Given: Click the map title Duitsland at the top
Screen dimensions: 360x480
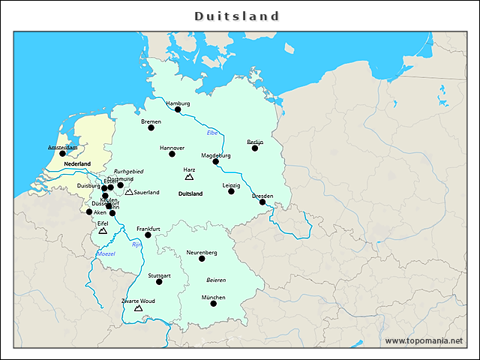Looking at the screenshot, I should [x=237, y=16].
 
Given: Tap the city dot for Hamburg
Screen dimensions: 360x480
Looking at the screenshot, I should [x=178, y=109].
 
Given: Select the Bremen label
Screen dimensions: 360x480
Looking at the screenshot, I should [x=151, y=121].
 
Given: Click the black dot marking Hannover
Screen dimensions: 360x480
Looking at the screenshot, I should [x=172, y=154].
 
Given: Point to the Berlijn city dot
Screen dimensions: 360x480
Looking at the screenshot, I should [x=255, y=148].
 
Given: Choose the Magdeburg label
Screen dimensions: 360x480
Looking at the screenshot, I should [x=216, y=155].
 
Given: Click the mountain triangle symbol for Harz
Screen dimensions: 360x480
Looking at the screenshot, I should [x=189, y=178].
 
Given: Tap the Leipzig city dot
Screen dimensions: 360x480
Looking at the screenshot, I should [x=231, y=191].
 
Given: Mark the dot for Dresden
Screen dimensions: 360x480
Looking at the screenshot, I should [x=262, y=202].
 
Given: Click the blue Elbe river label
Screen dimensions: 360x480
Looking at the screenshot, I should [x=212, y=133].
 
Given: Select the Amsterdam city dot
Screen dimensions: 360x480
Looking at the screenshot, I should [x=62, y=154].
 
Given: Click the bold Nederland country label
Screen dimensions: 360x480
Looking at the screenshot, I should [x=77, y=163].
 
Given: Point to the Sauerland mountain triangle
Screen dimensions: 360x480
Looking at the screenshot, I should [x=129, y=192].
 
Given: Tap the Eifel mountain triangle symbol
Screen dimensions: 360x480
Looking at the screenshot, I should [x=103, y=231].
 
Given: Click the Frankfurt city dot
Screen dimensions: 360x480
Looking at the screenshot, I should [x=148, y=235].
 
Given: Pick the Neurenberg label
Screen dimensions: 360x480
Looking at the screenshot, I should [x=202, y=253].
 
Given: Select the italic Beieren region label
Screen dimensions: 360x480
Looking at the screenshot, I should [x=216, y=279].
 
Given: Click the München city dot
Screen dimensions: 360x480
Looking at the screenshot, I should [x=213, y=303].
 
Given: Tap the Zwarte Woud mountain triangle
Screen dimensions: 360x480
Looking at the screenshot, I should [x=138, y=307].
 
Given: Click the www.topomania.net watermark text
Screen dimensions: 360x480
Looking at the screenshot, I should [x=424, y=340].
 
